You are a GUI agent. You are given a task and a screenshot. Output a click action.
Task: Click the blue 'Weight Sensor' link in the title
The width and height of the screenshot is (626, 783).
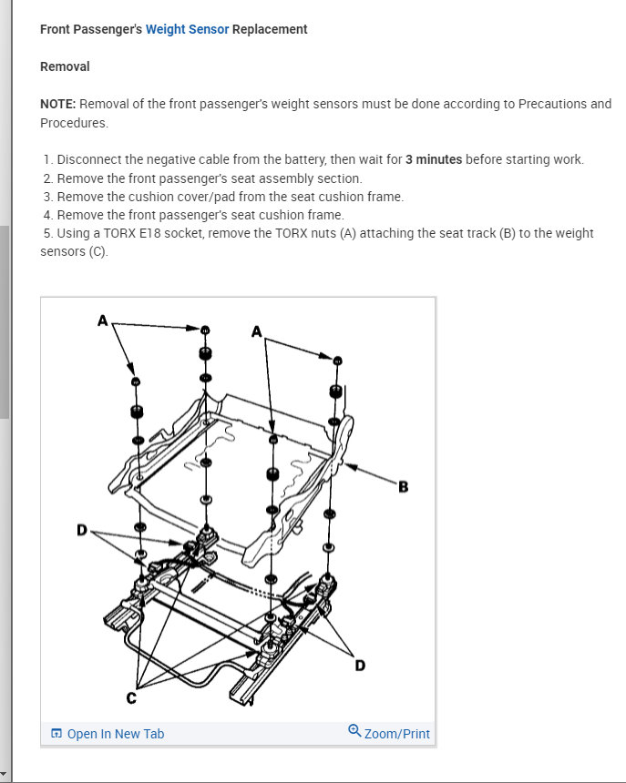tap(187, 29)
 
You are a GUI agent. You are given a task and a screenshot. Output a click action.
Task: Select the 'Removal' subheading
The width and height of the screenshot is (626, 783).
tap(65, 66)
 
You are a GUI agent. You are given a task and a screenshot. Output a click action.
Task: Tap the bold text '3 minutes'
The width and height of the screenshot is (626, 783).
tap(433, 159)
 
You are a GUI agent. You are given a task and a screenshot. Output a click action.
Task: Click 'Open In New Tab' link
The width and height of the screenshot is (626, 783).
tap(116, 734)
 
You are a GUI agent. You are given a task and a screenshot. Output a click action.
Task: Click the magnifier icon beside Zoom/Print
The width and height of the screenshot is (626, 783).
tap(354, 731)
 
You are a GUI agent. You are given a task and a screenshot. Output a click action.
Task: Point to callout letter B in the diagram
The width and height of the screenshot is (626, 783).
tap(404, 487)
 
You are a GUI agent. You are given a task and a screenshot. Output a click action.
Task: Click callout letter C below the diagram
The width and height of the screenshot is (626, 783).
tap(129, 697)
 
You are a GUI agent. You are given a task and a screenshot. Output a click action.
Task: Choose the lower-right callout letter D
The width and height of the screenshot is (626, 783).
tap(359, 666)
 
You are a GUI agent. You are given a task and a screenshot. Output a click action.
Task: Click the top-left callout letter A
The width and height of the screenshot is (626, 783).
tap(102, 320)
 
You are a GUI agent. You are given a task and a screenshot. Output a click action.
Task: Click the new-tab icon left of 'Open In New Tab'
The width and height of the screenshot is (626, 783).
tap(56, 734)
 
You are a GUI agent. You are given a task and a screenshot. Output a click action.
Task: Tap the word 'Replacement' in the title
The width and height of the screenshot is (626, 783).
tap(270, 29)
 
